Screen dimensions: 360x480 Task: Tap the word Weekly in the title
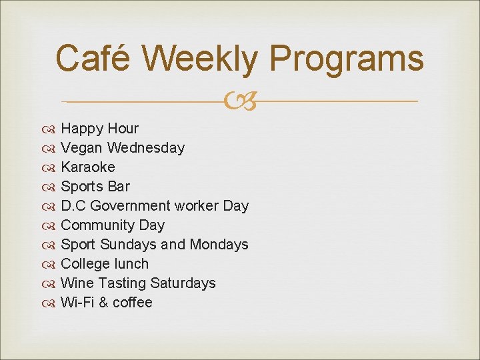click(199, 58)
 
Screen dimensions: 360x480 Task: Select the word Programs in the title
click(347, 58)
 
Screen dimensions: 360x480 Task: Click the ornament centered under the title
click(240, 102)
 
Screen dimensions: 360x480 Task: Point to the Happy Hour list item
click(99, 129)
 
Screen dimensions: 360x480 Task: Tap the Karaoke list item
click(87, 167)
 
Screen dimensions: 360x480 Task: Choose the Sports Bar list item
click(95, 187)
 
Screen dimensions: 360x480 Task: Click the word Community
click(97, 225)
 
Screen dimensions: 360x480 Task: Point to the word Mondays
click(219, 245)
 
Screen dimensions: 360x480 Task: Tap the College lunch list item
click(104, 264)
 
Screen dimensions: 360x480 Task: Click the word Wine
click(75, 283)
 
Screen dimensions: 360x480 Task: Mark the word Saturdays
click(183, 283)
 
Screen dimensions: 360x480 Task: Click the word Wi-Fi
click(76, 303)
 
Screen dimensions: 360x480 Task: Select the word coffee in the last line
click(132, 303)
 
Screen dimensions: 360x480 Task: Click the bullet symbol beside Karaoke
click(51, 167)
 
